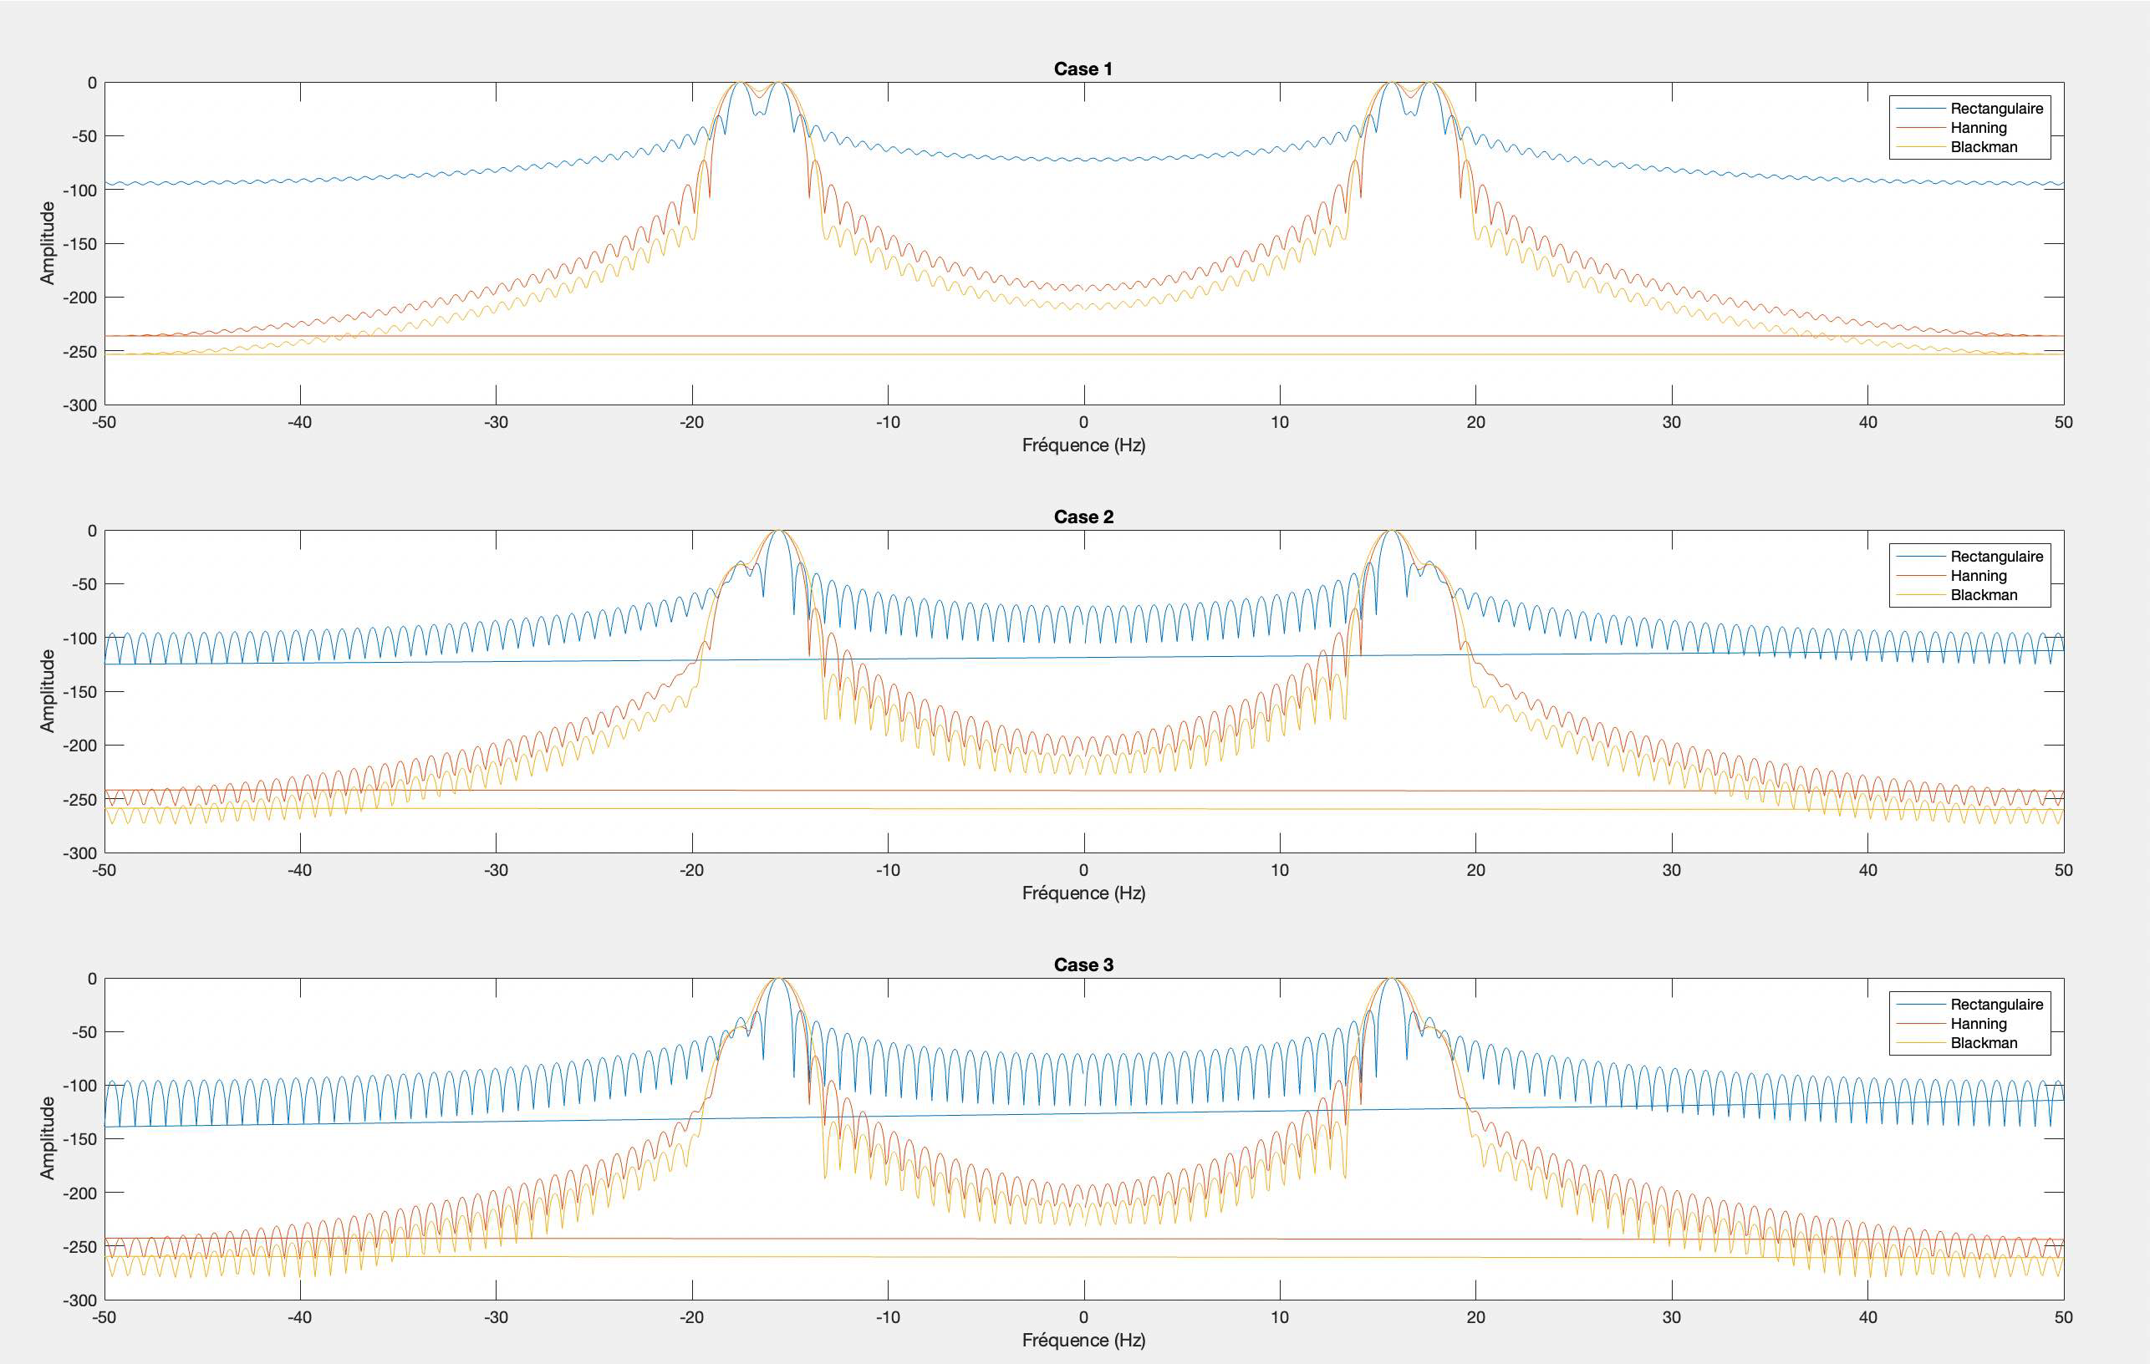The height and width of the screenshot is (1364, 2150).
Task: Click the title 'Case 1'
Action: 1083,69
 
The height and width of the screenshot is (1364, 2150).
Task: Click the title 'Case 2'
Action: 1083,517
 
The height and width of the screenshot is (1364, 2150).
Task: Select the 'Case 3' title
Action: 1083,965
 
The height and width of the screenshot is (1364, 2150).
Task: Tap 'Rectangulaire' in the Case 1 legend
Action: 1996,108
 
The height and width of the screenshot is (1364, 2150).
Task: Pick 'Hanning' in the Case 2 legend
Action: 1979,576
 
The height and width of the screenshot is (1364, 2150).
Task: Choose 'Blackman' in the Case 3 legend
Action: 1984,1042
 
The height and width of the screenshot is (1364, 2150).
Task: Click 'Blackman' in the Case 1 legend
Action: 1984,147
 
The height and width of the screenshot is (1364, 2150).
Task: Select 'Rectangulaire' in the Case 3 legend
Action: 1996,1005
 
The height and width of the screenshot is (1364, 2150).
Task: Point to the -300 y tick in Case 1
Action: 79,405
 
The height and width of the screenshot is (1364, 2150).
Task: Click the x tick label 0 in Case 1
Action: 1084,422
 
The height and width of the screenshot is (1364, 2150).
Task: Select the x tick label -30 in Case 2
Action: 496,870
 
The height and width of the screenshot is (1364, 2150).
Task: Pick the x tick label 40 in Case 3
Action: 1867,1317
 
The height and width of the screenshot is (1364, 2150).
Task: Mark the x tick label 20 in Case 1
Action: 1476,422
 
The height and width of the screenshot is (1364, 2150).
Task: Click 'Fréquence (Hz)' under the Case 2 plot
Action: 1083,893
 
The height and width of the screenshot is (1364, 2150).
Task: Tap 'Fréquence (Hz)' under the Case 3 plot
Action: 1083,1340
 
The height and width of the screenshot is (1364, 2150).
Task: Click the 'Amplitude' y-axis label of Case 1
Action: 48,243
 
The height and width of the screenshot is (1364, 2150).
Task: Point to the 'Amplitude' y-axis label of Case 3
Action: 48,1138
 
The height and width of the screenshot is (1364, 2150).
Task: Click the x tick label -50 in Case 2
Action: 104,870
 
